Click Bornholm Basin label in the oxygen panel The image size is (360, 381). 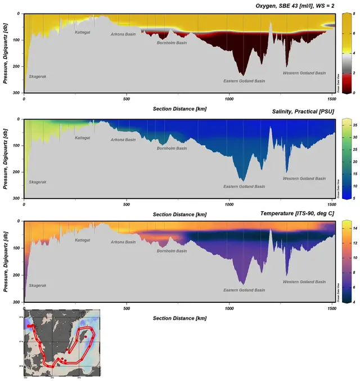[x=172, y=43]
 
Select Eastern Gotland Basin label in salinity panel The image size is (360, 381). [x=244, y=186]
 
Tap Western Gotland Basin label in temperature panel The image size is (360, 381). [x=304, y=282]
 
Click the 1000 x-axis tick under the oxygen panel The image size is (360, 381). [x=228, y=99]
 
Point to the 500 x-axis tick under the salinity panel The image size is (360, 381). [x=126, y=205]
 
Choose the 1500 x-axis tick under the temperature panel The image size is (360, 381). [x=331, y=309]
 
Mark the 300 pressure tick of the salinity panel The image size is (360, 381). [x=16, y=198]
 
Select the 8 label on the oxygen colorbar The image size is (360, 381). [x=353, y=13]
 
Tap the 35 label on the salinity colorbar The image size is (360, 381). [x=354, y=126]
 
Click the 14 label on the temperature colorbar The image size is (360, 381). [x=354, y=229]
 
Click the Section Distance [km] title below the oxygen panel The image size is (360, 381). [x=180, y=107]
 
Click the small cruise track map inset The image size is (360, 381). [x=61, y=343]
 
